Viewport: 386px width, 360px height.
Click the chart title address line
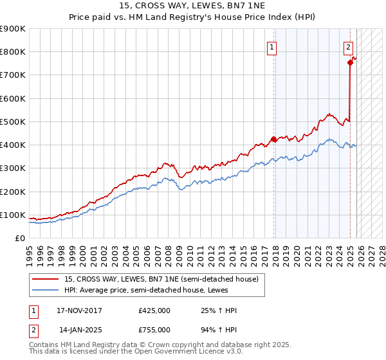[x=193, y=5]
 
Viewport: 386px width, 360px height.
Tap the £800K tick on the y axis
[x=13, y=52]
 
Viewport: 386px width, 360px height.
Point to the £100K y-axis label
[x=13, y=215]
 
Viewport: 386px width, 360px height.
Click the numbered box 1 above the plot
[x=272, y=47]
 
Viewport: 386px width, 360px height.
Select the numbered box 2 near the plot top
[x=347, y=46]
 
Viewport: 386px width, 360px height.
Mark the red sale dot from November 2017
[x=274, y=139]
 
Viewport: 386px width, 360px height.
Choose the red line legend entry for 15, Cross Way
[x=161, y=279]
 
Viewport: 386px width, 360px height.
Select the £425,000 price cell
[x=154, y=311]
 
